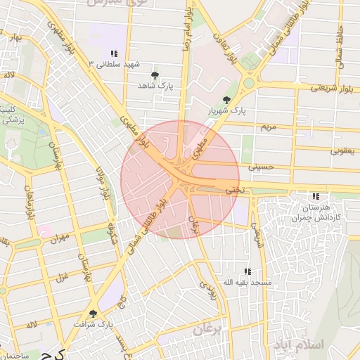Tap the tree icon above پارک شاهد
155,74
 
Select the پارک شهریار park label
226,111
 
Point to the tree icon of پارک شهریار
226,101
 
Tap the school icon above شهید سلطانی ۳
113,53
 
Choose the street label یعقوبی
345,150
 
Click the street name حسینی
261,167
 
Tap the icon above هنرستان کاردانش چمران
316,196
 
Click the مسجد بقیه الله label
246,282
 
